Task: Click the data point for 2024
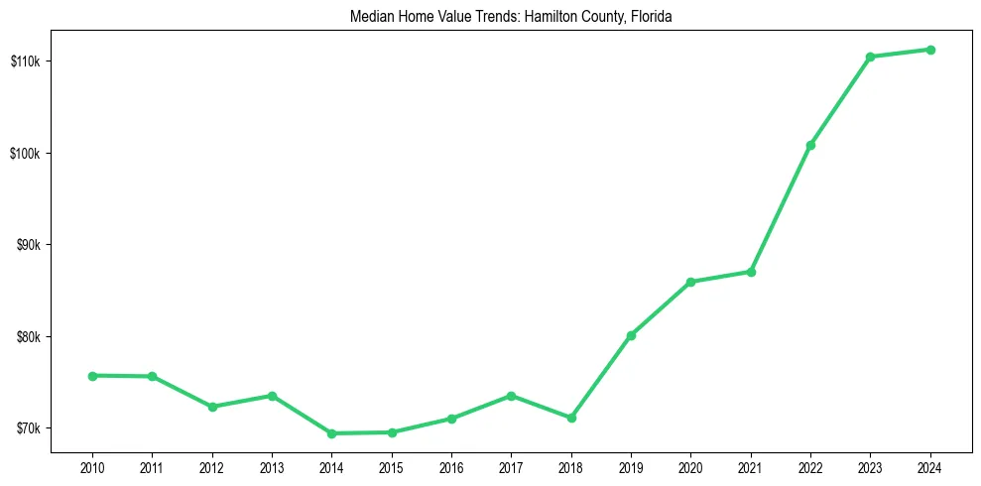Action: coord(930,50)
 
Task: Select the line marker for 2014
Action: coord(331,433)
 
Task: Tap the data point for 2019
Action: coord(631,335)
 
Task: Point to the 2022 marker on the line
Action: coord(810,145)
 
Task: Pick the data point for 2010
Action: coord(92,376)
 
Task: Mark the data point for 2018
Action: coord(571,418)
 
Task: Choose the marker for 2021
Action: coord(751,272)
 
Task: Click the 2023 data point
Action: coord(870,57)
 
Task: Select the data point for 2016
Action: coord(451,419)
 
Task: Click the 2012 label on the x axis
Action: coord(212,467)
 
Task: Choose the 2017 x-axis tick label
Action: coord(511,467)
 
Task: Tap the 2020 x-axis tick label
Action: coord(690,467)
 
